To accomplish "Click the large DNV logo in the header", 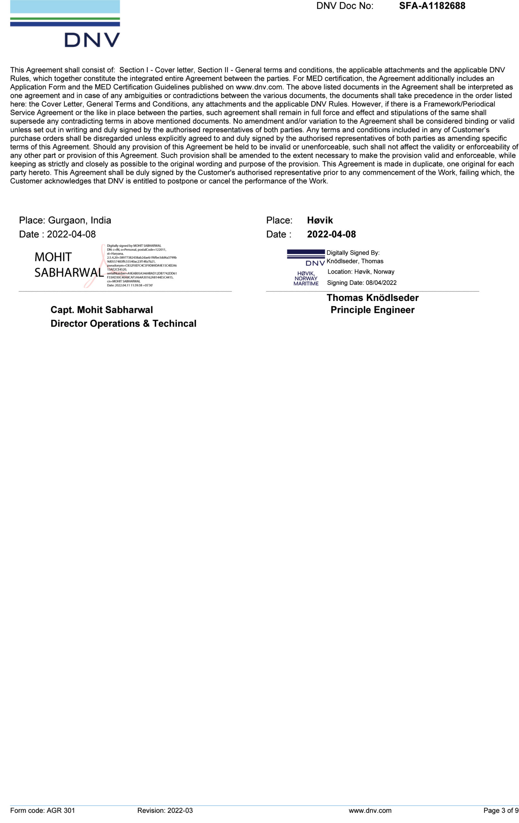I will point(65,24).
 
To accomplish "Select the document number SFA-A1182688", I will point(432,6).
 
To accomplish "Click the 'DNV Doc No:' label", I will point(345,6).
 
